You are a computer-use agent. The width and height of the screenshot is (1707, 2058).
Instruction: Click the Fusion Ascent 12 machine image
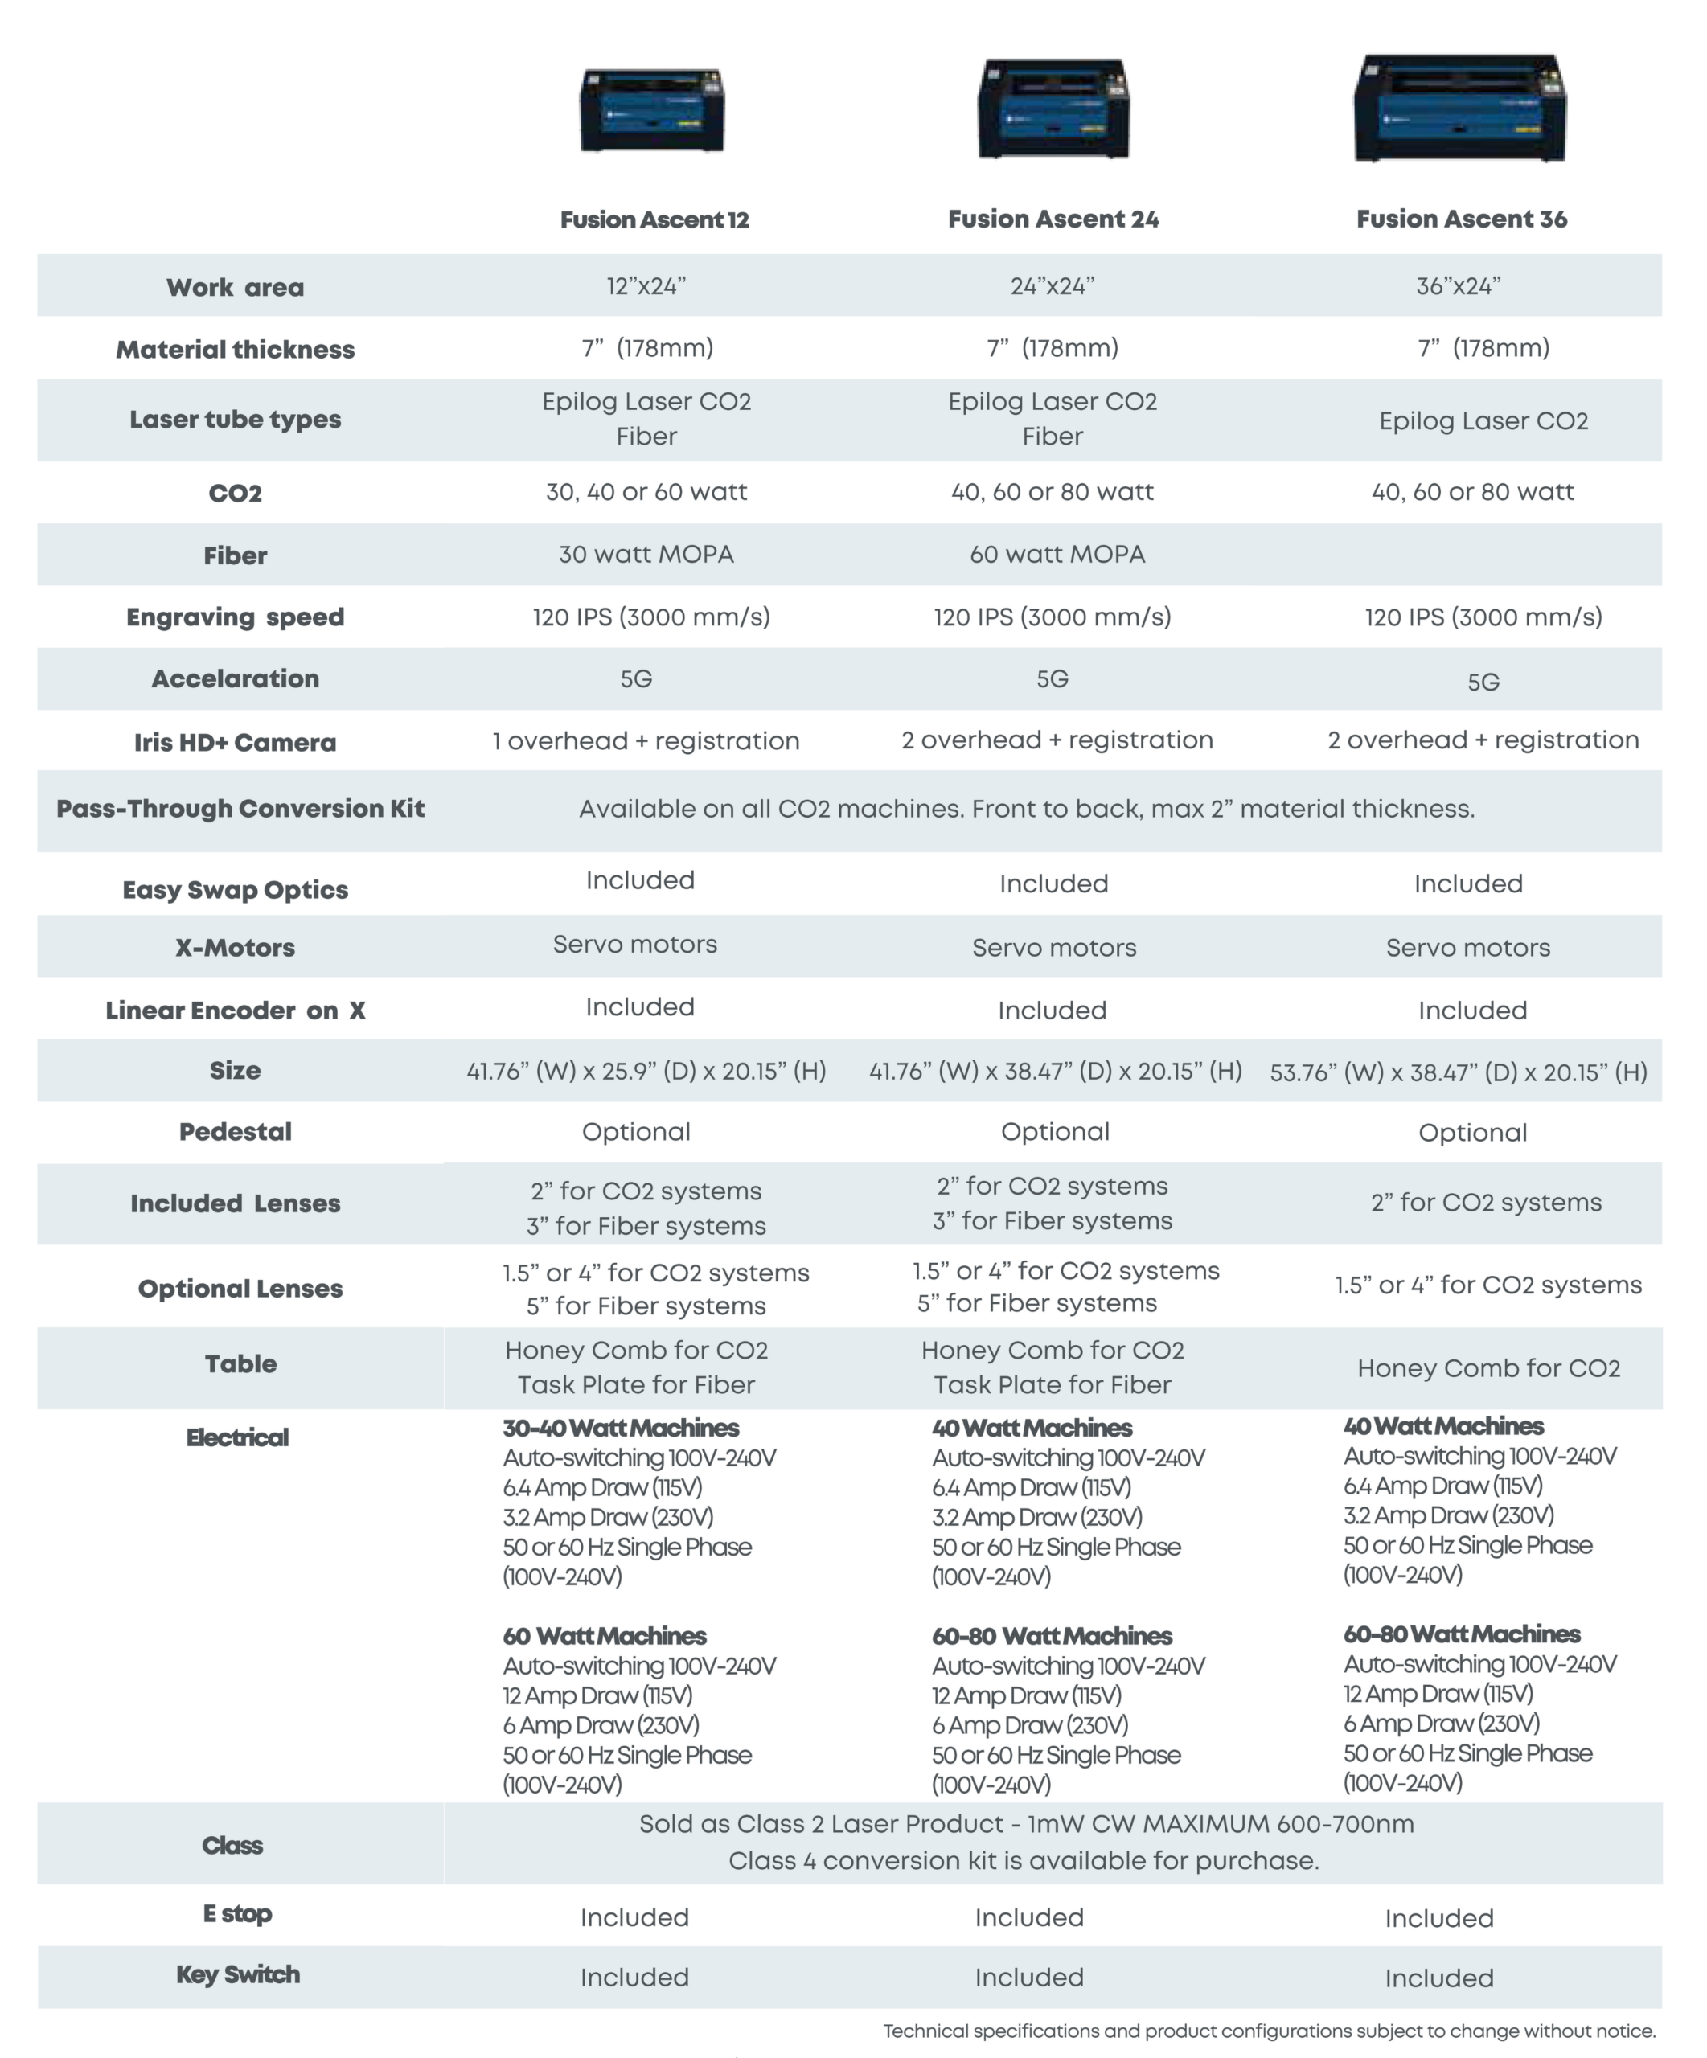[x=651, y=110]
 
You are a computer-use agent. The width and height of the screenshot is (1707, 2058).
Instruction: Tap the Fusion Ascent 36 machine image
[x=1460, y=108]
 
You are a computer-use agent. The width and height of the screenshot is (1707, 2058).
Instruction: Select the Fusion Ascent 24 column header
[x=1053, y=219]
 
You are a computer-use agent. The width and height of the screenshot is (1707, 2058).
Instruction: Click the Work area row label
[x=235, y=287]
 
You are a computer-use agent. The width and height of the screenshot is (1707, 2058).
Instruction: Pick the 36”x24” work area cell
[x=1458, y=286]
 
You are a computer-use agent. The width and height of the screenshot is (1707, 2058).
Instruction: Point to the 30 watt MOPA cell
[x=646, y=555]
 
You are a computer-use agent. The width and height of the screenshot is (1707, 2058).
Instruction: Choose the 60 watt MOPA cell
[x=1057, y=555]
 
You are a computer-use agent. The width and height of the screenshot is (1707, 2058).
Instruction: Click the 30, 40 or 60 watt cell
[x=646, y=492]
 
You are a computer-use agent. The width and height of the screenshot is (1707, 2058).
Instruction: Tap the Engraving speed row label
[x=235, y=617]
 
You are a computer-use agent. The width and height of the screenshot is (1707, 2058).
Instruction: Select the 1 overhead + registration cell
[x=646, y=741]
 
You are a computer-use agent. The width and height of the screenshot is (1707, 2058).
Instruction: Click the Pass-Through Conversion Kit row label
[x=240, y=809]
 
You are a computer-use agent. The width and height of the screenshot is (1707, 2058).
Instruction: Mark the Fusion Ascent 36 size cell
[x=1458, y=1072]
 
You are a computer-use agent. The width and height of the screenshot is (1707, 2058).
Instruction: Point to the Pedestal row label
[x=235, y=1132]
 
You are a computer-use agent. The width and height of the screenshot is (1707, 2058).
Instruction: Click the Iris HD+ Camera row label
[x=235, y=743]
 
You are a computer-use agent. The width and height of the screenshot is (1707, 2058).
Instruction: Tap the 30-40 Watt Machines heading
[x=620, y=1428]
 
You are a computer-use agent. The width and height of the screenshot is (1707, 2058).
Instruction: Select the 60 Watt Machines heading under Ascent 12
[x=604, y=1636]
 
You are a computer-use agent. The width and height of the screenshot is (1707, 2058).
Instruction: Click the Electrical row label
[x=237, y=1437]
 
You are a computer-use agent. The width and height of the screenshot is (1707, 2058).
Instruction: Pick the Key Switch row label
[x=237, y=1974]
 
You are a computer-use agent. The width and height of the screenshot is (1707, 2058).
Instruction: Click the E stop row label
[x=237, y=1913]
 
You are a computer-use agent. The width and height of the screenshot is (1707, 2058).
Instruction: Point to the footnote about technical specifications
[x=1269, y=2031]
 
